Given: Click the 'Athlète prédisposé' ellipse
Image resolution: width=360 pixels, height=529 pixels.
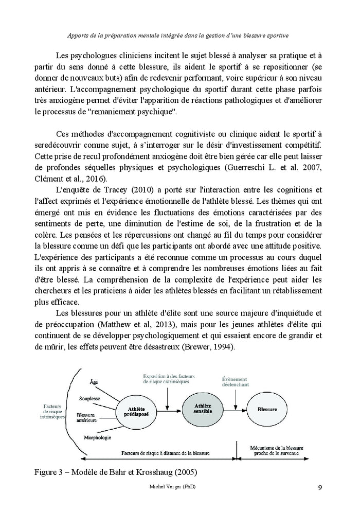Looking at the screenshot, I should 137,411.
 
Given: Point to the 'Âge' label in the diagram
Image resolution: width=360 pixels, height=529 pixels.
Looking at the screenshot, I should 94,382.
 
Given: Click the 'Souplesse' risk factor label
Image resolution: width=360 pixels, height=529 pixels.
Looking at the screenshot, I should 90,398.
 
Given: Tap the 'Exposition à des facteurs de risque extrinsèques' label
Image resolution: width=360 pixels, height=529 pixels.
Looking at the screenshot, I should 166,380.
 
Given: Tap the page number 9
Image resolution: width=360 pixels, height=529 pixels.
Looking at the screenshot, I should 320,488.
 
